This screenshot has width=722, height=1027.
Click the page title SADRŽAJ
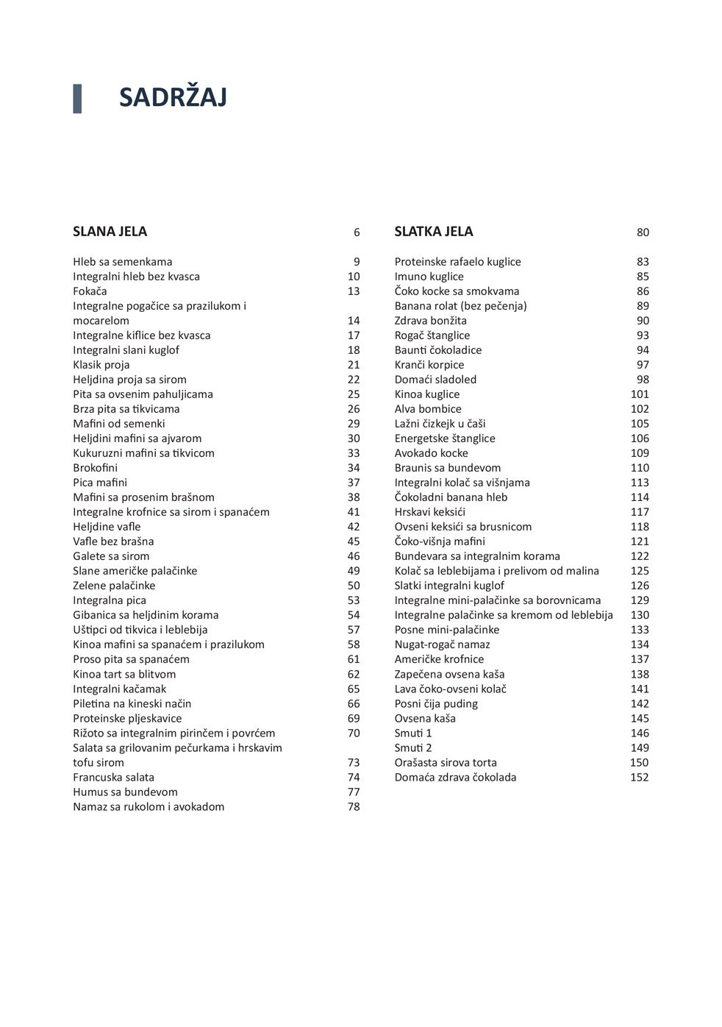[173, 98]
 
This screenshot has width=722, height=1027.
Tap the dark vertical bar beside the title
[77, 99]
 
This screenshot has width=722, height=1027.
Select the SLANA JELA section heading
[110, 232]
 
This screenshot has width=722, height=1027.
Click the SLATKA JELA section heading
[433, 232]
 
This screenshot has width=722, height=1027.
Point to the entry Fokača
[90, 291]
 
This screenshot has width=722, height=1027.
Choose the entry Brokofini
[95, 468]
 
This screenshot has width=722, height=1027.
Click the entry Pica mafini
[100, 483]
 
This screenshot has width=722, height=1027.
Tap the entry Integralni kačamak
[119, 689]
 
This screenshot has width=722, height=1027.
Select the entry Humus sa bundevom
[125, 792]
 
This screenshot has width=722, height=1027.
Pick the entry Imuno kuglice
[429, 277]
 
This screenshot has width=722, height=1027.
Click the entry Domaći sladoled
[435, 380]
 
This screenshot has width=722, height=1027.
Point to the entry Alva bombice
[428, 409]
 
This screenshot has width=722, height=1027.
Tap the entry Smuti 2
[413, 748]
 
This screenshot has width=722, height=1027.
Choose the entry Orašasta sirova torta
[446, 763]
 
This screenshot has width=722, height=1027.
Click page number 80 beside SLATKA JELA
[643, 232]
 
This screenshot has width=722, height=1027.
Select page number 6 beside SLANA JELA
[357, 232]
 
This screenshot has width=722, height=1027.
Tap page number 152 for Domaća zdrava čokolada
[639, 778]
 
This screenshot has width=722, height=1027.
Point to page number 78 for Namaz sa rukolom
[354, 807]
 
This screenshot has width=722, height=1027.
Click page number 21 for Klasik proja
[354, 365]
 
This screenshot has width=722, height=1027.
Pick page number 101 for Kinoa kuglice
[640, 394]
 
